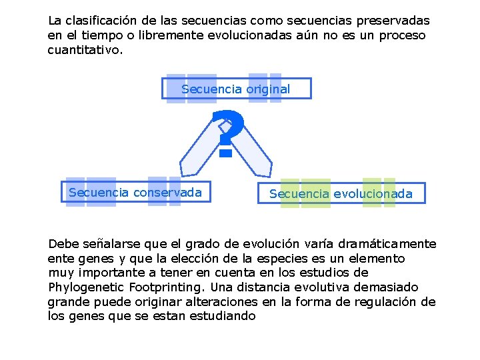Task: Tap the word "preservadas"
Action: click(391, 21)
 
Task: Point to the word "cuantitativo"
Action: click(85, 50)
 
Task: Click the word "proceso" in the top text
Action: click(403, 35)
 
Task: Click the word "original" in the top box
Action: click(268, 89)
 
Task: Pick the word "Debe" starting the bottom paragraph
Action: click(63, 243)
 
